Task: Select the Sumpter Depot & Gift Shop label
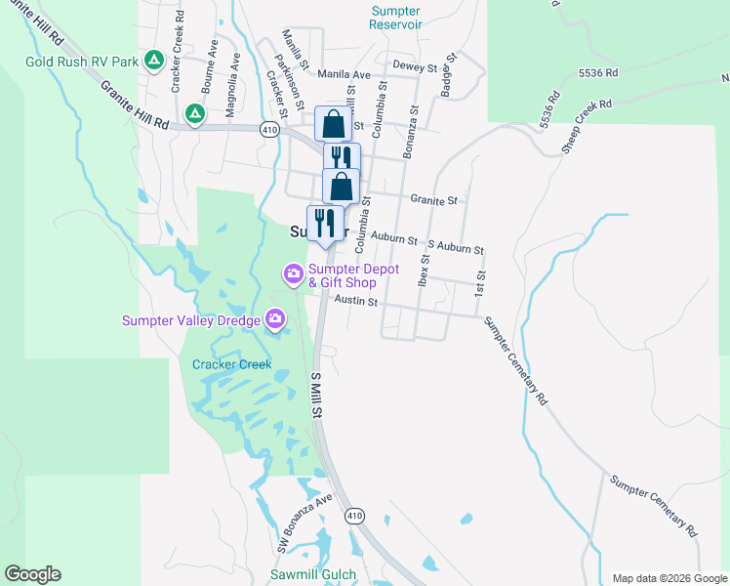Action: click(354, 275)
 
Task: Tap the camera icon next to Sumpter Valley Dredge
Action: click(276, 319)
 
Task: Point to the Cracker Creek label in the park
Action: click(231, 364)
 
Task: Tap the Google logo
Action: click(32, 574)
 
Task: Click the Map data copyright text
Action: click(669, 578)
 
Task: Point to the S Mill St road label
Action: click(316, 394)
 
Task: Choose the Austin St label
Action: click(355, 301)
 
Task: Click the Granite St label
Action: click(433, 200)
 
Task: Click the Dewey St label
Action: click(414, 67)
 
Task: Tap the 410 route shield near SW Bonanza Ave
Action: click(354, 515)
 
